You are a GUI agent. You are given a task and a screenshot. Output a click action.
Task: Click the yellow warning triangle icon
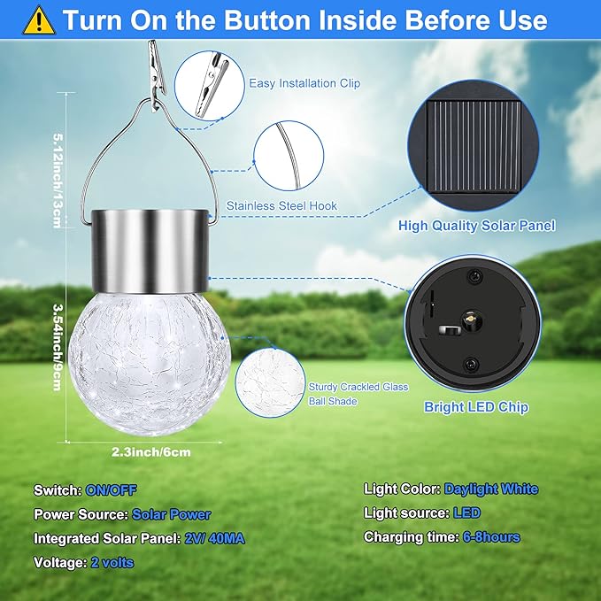point(39,20)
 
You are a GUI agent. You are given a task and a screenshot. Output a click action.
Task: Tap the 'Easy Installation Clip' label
point(304,84)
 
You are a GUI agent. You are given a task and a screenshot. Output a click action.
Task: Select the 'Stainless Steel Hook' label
point(281,206)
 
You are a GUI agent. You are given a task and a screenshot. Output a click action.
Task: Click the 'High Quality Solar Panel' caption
point(476,226)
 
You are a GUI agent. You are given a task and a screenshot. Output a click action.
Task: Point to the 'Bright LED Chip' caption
point(476,407)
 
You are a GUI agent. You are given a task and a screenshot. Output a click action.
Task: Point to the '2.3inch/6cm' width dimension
point(151,451)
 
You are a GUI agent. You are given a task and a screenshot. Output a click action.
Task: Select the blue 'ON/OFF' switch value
point(111,489)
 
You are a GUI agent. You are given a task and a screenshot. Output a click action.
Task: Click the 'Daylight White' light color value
point(491,489)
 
